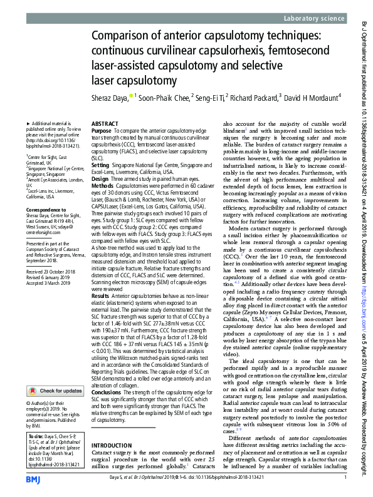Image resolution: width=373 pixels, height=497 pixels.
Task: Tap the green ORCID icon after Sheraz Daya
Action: pyautogui.click(x=132, y=96)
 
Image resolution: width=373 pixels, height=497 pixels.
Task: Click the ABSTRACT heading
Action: pyautogui.click(x=105, y=125)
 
